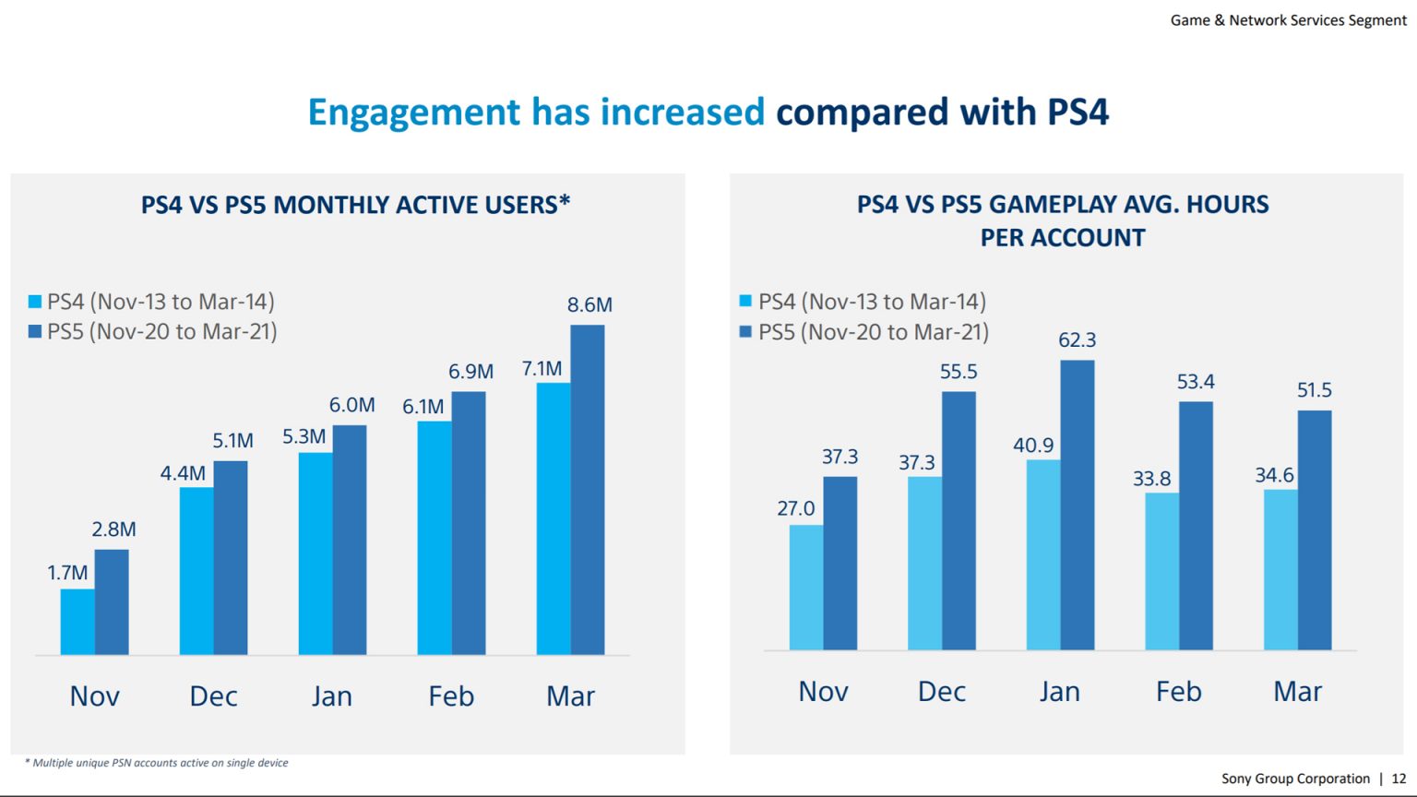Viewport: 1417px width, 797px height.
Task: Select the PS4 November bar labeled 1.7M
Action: pyautogui.click(x=77, y=622)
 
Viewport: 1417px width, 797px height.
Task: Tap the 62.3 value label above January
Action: pyautogui.click(x=1077, y=340)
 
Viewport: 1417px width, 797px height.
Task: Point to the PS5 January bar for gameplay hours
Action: pyautogui.click(x=1077, y=505)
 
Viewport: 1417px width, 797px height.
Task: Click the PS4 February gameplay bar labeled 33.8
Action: pyautogui.click(x=1161, y=571)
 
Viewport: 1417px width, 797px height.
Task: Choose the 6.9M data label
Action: pyautogui.click(x=470, y=372)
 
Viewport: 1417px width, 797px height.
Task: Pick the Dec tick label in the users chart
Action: pyautogui.click(x=213, y=696)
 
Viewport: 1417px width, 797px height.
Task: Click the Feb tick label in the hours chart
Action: pyautogui.click(x=1178, y=692)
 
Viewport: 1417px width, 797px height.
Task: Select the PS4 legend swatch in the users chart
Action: pyautogui.click(x=35, y=302)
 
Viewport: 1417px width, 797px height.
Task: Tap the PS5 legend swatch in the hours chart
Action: pyautogui.click(x=745, y=332)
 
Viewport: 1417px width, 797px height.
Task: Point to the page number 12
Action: pyautogui.click(x=1399, y=779)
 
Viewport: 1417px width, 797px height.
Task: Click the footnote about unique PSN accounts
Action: pyautogui.click(x=157, y=763)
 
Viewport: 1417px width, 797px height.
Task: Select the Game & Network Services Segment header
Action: pyautogui.click(x=1288, y=20)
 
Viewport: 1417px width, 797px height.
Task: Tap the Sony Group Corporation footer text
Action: pyautogui.click(x=1295, y=779)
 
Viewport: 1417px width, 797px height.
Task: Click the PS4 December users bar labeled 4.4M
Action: pyautogui.click(x=196, y=570)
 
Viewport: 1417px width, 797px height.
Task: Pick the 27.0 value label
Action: pyautogui.click(x=795, y=508)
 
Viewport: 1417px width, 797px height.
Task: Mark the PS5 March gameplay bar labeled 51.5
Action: pyautogui.click(x=1314, y=529)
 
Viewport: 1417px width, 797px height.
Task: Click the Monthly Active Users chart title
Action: pyautogui.click(x=355, y=205)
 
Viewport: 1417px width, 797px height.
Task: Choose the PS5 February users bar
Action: pyautogui.click(x=469, y=522)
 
